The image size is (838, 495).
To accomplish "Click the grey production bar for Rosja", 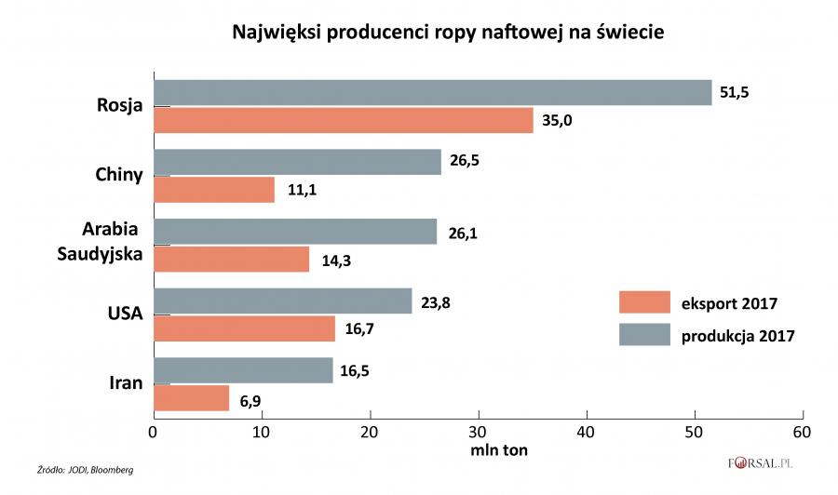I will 433,92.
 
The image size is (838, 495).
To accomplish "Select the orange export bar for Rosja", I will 343,120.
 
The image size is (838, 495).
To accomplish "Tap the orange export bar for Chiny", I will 213,190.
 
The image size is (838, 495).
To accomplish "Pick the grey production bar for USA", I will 282,301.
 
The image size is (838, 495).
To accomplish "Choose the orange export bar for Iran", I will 191,398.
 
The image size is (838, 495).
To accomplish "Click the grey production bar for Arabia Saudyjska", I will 294,231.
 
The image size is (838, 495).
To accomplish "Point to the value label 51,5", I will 735,92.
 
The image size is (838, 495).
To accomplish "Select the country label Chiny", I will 118,175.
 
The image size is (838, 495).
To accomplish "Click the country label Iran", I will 126,383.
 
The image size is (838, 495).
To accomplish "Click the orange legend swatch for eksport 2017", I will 644,302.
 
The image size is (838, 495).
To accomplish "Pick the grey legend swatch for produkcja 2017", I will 644,334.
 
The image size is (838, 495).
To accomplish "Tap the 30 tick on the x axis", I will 479,433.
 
